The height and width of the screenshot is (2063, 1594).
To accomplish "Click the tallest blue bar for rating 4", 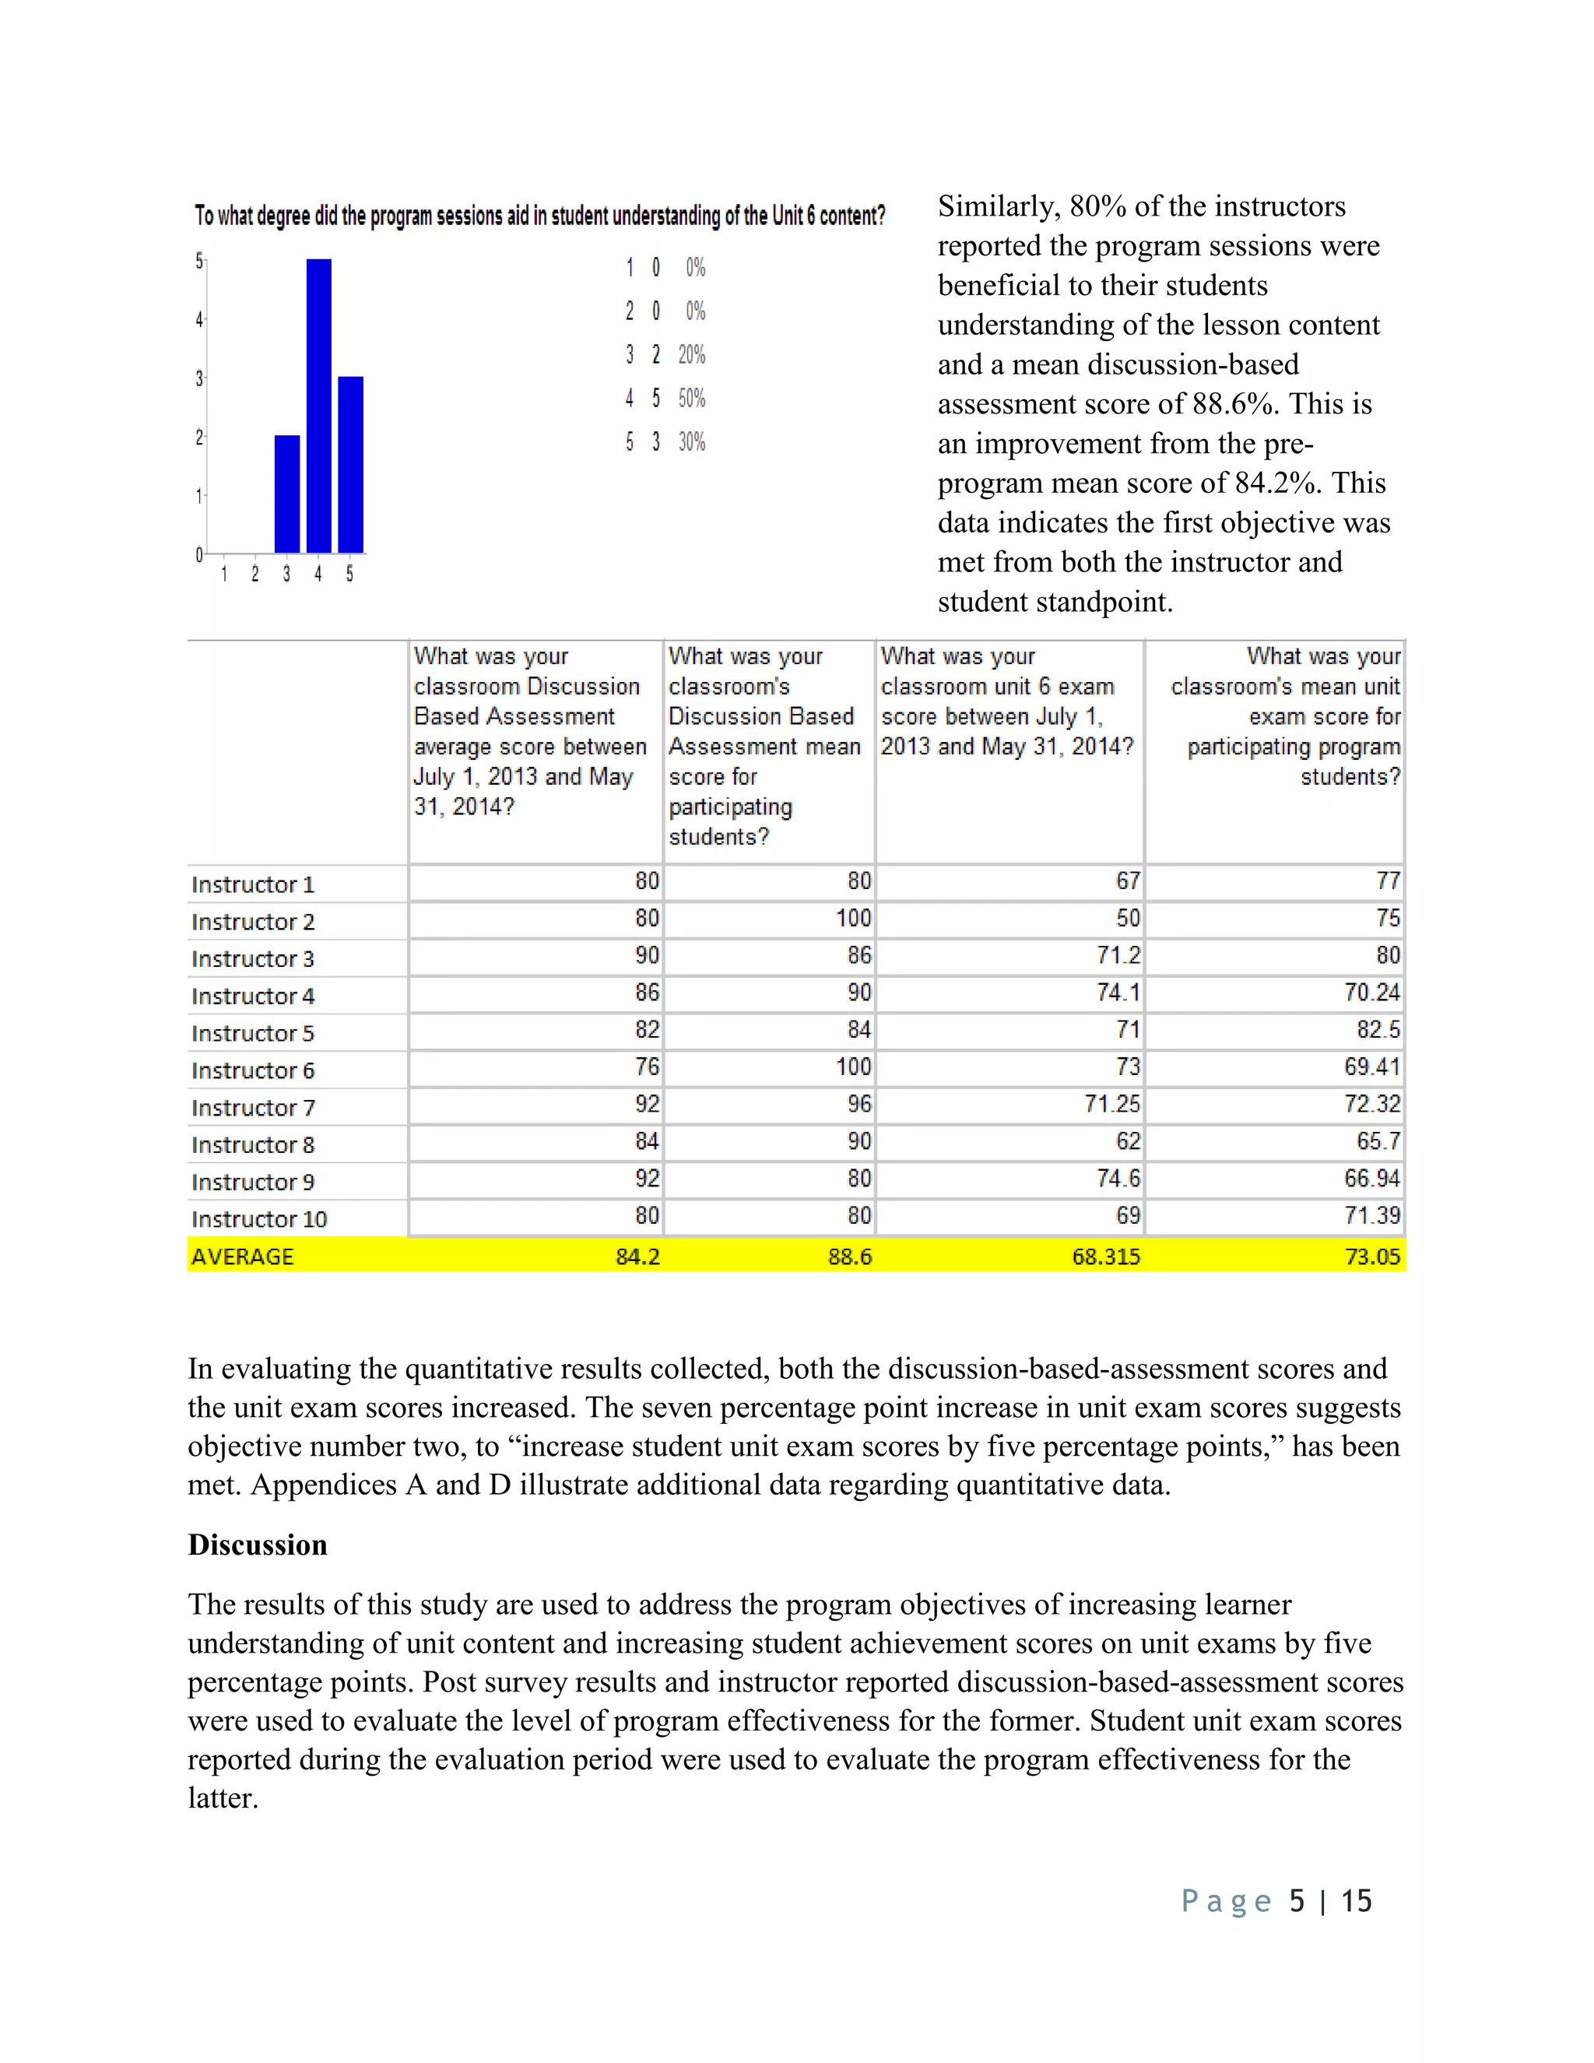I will click(x=318, y=406).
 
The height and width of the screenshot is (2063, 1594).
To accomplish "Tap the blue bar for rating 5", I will click(x=350, y=464).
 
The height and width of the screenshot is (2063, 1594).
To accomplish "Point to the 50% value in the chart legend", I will click(x=691, y=398).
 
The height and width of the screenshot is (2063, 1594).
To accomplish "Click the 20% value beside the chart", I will click(x=691, y=354).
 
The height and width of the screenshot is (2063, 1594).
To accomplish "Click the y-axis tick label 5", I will click(x=199, y=261).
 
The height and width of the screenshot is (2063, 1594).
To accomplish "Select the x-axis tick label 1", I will click(x=224, y=574).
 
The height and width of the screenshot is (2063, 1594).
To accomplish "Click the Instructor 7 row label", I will click(x=253, y=1107).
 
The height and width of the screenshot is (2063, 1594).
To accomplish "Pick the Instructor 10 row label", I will click(x=258, y=1218).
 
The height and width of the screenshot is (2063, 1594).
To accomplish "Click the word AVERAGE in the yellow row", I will click(x=243, y=1256).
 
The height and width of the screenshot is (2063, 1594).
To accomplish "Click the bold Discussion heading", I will click(x=257, y=1545).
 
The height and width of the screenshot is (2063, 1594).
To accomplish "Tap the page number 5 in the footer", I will click(x=1297, y=1900).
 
